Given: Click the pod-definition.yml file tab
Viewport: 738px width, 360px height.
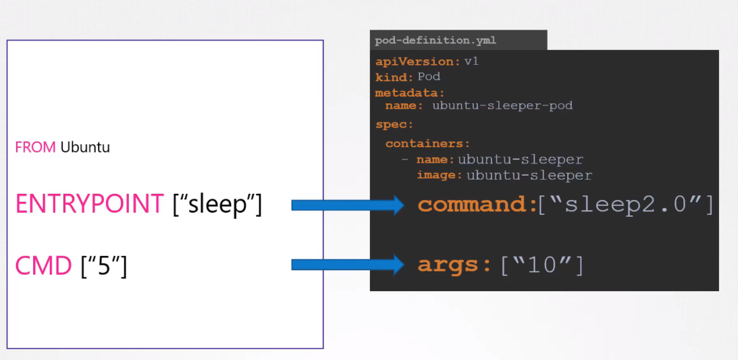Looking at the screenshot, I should [436, 41].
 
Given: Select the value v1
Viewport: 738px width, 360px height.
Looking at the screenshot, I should [471, 61].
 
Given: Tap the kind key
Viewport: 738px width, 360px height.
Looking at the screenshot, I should [394, 77].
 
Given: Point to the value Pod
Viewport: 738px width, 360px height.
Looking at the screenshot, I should [429, 77].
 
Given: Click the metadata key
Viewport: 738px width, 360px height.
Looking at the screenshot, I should [409, 93].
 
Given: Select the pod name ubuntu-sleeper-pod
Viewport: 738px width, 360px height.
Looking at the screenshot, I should [502, 105].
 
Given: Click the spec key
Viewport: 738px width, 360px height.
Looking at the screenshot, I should [394, 125].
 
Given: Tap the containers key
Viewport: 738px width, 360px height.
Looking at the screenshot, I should [427, 144].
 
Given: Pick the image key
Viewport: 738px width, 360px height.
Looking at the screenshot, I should [440, 176].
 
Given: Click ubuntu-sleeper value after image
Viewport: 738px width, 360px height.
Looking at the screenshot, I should [529, 176].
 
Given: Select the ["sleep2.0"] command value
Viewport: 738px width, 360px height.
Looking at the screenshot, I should [625, 205].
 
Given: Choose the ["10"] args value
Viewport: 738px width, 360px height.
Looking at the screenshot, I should [542, 265].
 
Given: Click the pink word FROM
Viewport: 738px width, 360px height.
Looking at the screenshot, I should [35, 147].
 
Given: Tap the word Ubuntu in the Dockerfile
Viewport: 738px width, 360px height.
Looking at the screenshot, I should [85, 147].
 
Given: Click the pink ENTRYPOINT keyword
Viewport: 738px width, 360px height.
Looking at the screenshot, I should [89, 204].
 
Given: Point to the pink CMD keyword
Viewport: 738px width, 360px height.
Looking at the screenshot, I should [43, 266].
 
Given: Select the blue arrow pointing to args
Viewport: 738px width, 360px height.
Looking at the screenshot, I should [348, 265].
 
